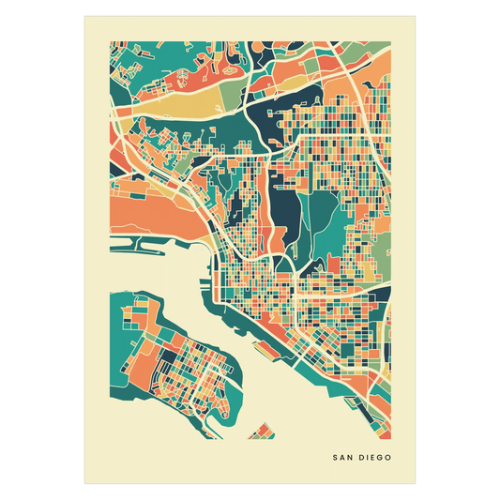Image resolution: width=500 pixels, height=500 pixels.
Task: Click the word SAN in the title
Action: pos(342,459)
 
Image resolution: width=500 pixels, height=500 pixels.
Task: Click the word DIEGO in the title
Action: pos(373,459)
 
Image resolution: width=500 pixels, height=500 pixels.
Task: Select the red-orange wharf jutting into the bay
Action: pos(281,325)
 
